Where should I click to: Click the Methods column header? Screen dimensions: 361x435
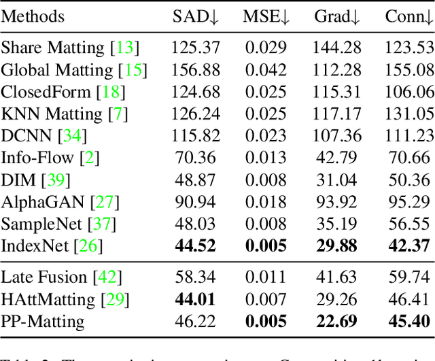[x=33, y=17]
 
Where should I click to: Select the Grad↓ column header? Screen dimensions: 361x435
[x=336, y=17]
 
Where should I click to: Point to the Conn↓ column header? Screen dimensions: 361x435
[x=408, y=17]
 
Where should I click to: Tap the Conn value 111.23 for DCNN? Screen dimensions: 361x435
[x=408, y=135]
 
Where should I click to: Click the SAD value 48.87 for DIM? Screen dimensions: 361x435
[x=197, y=179]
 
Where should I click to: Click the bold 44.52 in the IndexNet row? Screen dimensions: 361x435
[x=197, y=245]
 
